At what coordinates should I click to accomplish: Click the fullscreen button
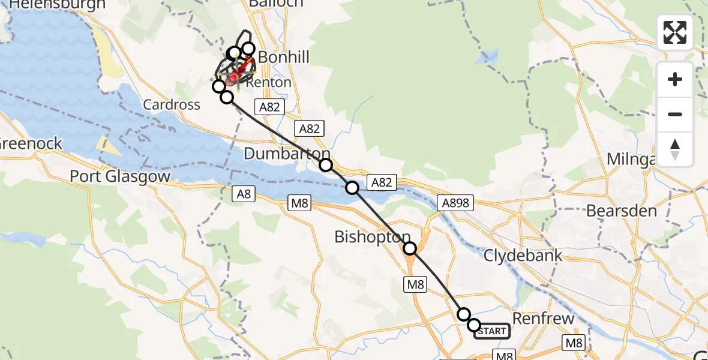tap(675, 32)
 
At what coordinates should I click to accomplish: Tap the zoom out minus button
tap(675, 114)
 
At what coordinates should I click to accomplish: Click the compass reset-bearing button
tap(675, 149)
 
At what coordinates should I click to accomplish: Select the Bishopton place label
tap(373, 237)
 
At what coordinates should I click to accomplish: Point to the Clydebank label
tap(523, 255)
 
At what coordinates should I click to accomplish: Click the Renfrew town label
tap(543, 318)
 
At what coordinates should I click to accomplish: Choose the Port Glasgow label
tap(120, 176)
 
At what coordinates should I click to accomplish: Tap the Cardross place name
tap(172, 104)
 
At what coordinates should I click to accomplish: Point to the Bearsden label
tap(621, 211)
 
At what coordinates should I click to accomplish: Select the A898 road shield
tap(455, 203)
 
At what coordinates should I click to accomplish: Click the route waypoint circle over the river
tap(352, 188)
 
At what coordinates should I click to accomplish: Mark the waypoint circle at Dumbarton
tap(325, 165)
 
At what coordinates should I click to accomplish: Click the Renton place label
tap(272, 82)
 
